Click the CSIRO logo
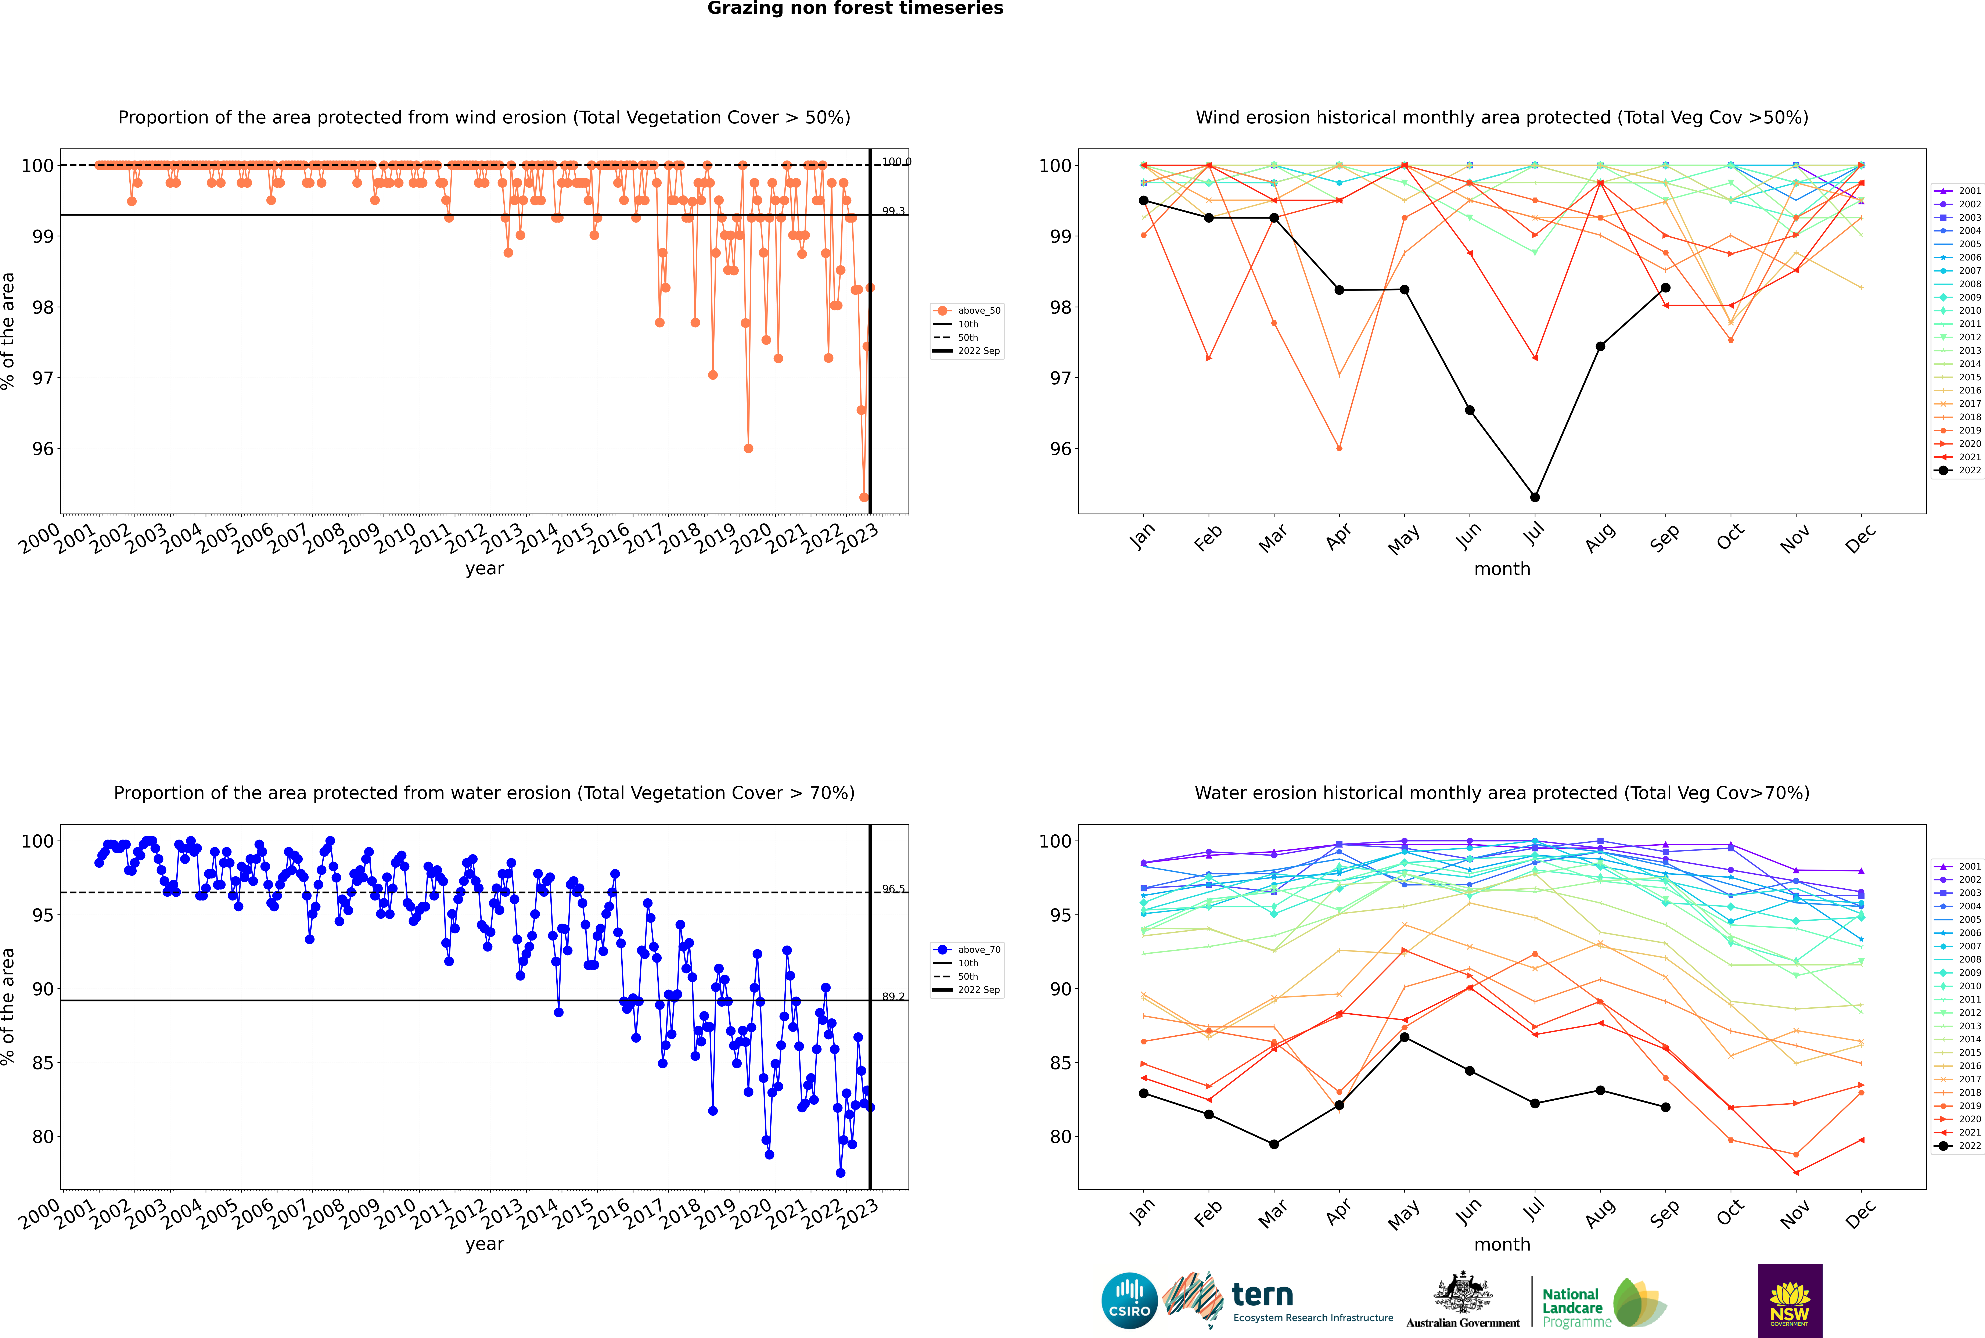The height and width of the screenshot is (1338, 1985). coord(1129,1301)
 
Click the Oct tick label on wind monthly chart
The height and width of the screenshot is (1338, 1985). coord(1730,537)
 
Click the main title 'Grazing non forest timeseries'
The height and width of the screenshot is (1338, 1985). coord(855,8)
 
